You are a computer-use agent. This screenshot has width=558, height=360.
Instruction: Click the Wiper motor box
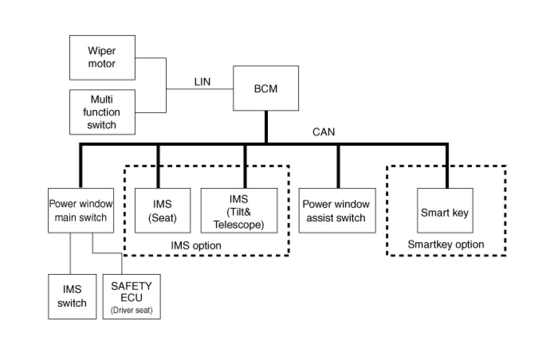click(102, 57)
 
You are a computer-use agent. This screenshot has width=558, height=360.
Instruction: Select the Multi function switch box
click(102, 112)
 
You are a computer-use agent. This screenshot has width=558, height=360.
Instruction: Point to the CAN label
click(324, 132)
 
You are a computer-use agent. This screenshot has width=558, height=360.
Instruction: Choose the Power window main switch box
click(81, 210)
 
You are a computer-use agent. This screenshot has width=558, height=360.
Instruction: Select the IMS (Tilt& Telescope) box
click(239, 211)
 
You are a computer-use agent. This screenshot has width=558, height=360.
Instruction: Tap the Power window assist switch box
click(335, 211)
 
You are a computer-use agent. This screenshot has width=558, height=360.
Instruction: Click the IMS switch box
click(72, 296)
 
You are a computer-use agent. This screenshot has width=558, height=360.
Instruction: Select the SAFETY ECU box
click(131, 296)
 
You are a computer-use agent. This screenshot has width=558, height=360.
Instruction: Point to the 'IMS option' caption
click(196, 246)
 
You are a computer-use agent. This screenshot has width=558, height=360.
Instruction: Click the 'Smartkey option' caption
click(445, 244)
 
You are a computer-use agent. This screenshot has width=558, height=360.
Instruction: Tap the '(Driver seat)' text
click(131, 311)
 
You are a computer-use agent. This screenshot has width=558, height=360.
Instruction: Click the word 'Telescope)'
click(239, 225)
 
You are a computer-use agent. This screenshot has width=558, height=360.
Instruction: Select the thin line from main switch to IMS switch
click(71, 253)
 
